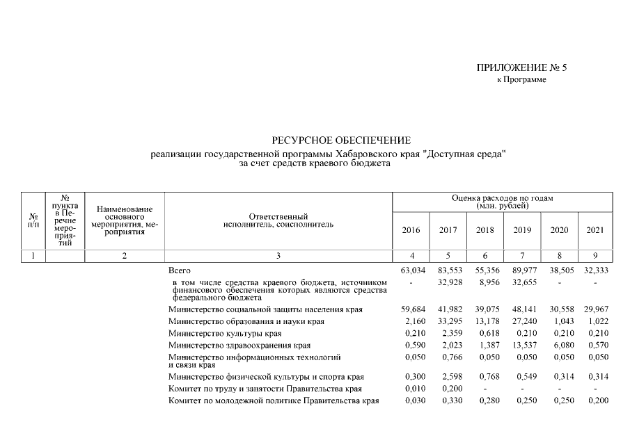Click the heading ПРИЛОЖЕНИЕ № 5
(517, 67)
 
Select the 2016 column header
(411, 230)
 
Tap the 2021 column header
(595, 230)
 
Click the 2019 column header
(522, 230)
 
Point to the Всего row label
(180, 270)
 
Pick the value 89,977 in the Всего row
(522, 270)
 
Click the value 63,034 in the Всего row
(411, 270)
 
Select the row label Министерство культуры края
(215, 333)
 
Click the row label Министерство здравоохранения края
(229, 345)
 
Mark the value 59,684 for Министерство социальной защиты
(411, 309)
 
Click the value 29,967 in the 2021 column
(595, 309)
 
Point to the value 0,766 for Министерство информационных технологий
(451, 357)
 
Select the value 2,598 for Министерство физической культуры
(451, 377)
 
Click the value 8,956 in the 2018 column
(487, 282)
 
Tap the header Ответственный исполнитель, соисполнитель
(278, 220)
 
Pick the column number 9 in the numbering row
(595, 256)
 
